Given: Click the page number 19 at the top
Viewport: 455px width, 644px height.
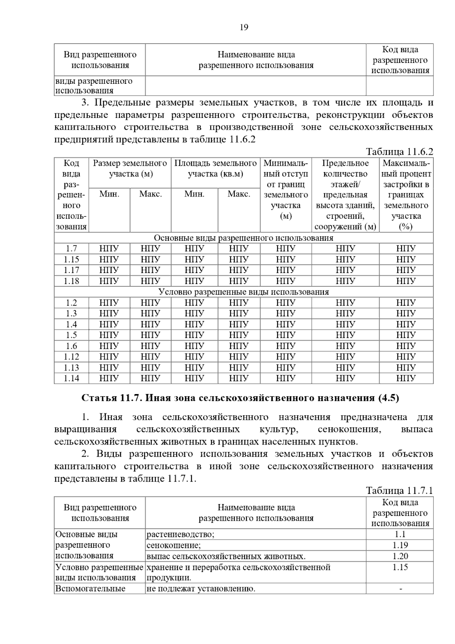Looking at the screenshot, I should pyautogui.click(x=244, y=27).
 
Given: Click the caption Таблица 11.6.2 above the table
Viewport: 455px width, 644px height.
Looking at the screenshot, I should pyautogui.click(x=399, y=152).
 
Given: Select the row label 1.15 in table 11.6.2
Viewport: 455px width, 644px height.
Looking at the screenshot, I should pyautogui.click(x=71, y=259).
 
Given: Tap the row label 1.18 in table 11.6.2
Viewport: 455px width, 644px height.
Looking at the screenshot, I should pyautogui.click(x=71, y=281).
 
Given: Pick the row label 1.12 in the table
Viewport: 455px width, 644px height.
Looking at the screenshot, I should pyautogui.click(x=71, y=357).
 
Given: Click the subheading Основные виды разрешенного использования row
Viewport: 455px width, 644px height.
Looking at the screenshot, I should pyautogui.click(x=243, y=238).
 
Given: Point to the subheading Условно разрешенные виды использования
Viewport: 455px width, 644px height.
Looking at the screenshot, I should pyautogui.click(x=243, y=292).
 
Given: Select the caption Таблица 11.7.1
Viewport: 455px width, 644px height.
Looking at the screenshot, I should pyautogui.click(x=399, y=490).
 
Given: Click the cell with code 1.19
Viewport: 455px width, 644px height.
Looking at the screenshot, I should pyautogui.click(x=400, y=545).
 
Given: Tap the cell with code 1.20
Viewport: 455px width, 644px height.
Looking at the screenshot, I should pyautogui.click(x=400, y=556).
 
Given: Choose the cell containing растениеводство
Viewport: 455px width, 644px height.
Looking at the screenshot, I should pyautogui.click(x=180, y=534).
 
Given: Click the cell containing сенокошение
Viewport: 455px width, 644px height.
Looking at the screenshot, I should pyautogui.click(x=174, y=545).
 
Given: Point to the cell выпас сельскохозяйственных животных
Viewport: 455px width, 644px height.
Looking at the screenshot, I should pyautogui.click(x=226, y=556).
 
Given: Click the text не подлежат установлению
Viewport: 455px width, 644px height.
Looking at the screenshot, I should pyautogui.click(x=201, y=589).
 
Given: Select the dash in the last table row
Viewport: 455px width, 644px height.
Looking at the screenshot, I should pyautogui.click(x=400, y=589).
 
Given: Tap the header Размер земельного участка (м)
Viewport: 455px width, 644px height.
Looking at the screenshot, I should pyautogui.click(x=130, y=168).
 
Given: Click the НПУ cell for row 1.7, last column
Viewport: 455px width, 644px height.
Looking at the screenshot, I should pyautogui.click(x=406, y=249).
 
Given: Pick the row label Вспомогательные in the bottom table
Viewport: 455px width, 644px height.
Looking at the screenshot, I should pyautogui.click(x=90, y=589).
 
